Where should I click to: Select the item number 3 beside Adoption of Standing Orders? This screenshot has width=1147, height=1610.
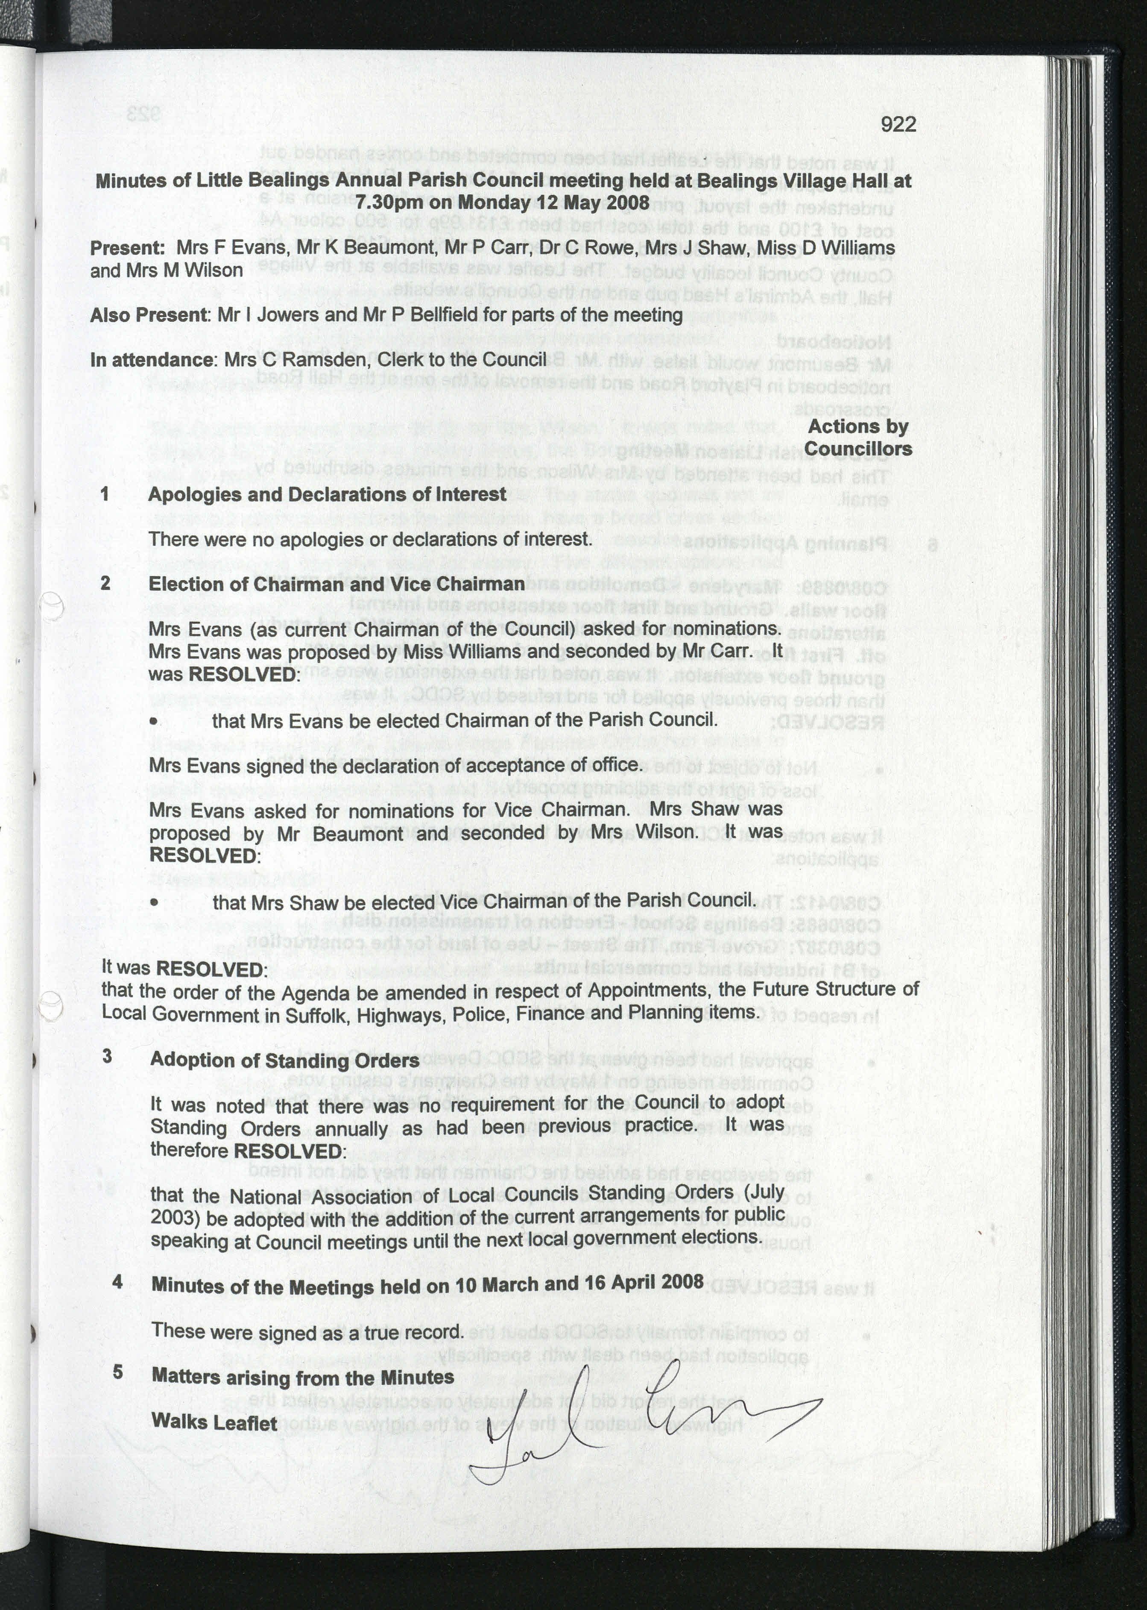[107, 1056]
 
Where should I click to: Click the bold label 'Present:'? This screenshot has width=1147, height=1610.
[127, 248]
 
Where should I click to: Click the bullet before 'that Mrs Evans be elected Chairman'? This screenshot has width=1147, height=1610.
[153, 722]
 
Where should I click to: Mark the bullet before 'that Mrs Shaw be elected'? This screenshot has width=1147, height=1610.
[153, 902]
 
